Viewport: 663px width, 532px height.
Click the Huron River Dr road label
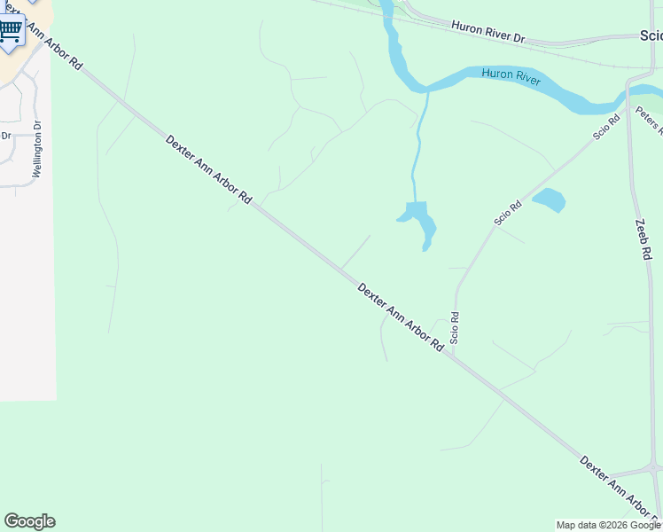pyautogui.click(x=488, y=32)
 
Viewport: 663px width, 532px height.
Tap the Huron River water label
pyautogui.click(x=511, y=76)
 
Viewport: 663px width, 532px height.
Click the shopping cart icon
pyautogui.click(x=10, y=31)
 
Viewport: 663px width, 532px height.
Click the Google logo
pyautogui.click(x=29, y=521)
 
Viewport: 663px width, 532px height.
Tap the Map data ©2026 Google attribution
pyautogui.click(x=608, y=525)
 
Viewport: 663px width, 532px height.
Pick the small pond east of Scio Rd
pyautogui.click(x=549, y=200)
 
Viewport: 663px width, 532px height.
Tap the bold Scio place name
pyautogui.click(x=651, y=36)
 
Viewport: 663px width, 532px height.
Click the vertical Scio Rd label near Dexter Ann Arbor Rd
pyautogui.click(x=455, y=328)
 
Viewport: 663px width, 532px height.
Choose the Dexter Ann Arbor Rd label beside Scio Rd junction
pyautogui.click(x=400, y=317)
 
